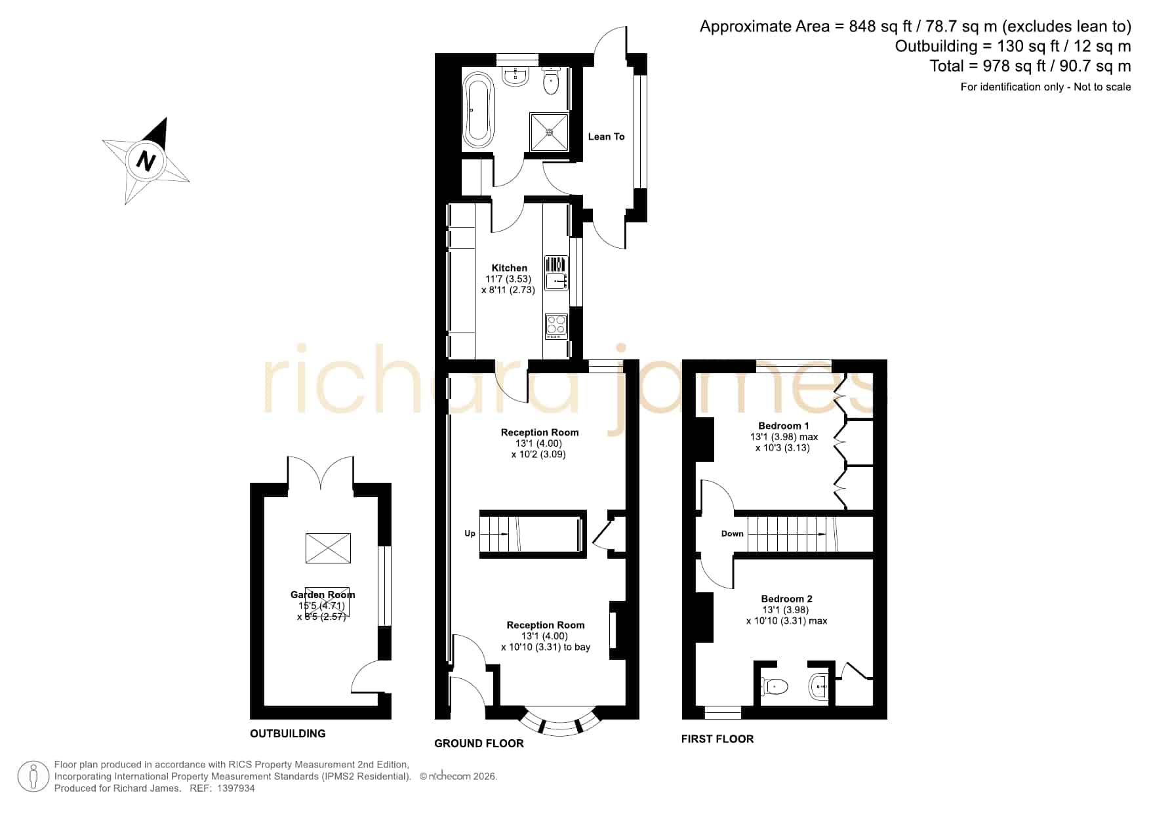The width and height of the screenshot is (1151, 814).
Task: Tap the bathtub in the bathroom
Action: tap(478, 110)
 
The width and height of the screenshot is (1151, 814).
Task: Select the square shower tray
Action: tap(550, 131)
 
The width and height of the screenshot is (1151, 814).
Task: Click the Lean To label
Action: tap(606, 136)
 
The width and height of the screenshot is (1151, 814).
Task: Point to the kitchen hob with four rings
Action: tap(556, 327)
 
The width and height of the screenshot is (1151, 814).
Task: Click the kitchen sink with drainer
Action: tap(556, 273)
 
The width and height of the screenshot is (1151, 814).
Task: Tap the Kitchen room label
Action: tap(510, 268)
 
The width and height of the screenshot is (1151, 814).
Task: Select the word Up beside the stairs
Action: tap(470, 533)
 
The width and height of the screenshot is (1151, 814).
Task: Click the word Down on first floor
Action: tap(732, 533)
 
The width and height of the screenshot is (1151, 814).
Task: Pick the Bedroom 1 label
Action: tap(784, 426)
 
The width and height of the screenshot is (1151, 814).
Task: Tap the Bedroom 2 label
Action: tap(786, 598)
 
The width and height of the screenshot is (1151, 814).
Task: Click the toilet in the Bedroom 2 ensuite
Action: tap(774, 687)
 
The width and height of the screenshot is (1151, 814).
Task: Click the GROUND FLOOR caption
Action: tap(479, 743)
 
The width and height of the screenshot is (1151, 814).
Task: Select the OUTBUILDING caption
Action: tap(288, 733)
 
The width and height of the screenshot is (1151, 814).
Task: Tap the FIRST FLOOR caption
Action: tap(717, 739)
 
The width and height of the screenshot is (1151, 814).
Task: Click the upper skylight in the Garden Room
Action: tap(328, 548)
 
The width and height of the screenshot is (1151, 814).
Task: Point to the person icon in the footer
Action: tap(33, 777)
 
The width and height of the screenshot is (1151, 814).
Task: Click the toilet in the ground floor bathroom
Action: tap(551, 81)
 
